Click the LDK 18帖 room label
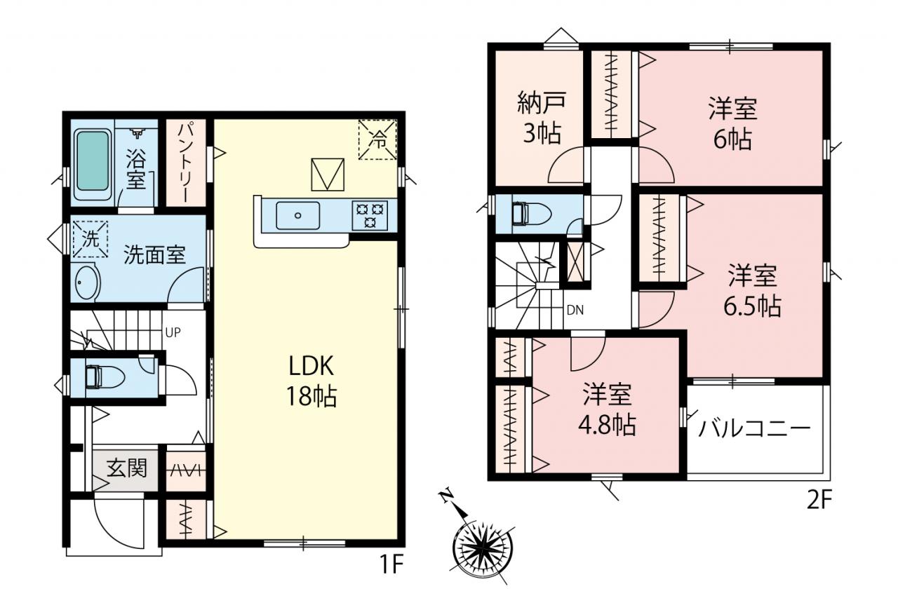[x=311, y=381]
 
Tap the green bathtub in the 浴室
[x=93, y=161]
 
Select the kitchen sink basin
[x=298, y=215]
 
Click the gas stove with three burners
[x=370, y=215]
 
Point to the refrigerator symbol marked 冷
[x=377, y=140]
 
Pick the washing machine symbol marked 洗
[x=91, y=239]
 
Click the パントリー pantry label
[x=186, y=163]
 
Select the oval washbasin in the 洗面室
[x=86, y=283]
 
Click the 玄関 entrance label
[x=127, y=468]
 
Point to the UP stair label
[x=173, y=332]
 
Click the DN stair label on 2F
[x=575, y=310]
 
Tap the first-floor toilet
[x=105, y=377]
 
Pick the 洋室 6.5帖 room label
[x=752, y=292]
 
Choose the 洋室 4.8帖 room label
[x=607, y=409]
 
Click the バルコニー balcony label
[x=754, y=429]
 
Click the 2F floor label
[x=820, y=501]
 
